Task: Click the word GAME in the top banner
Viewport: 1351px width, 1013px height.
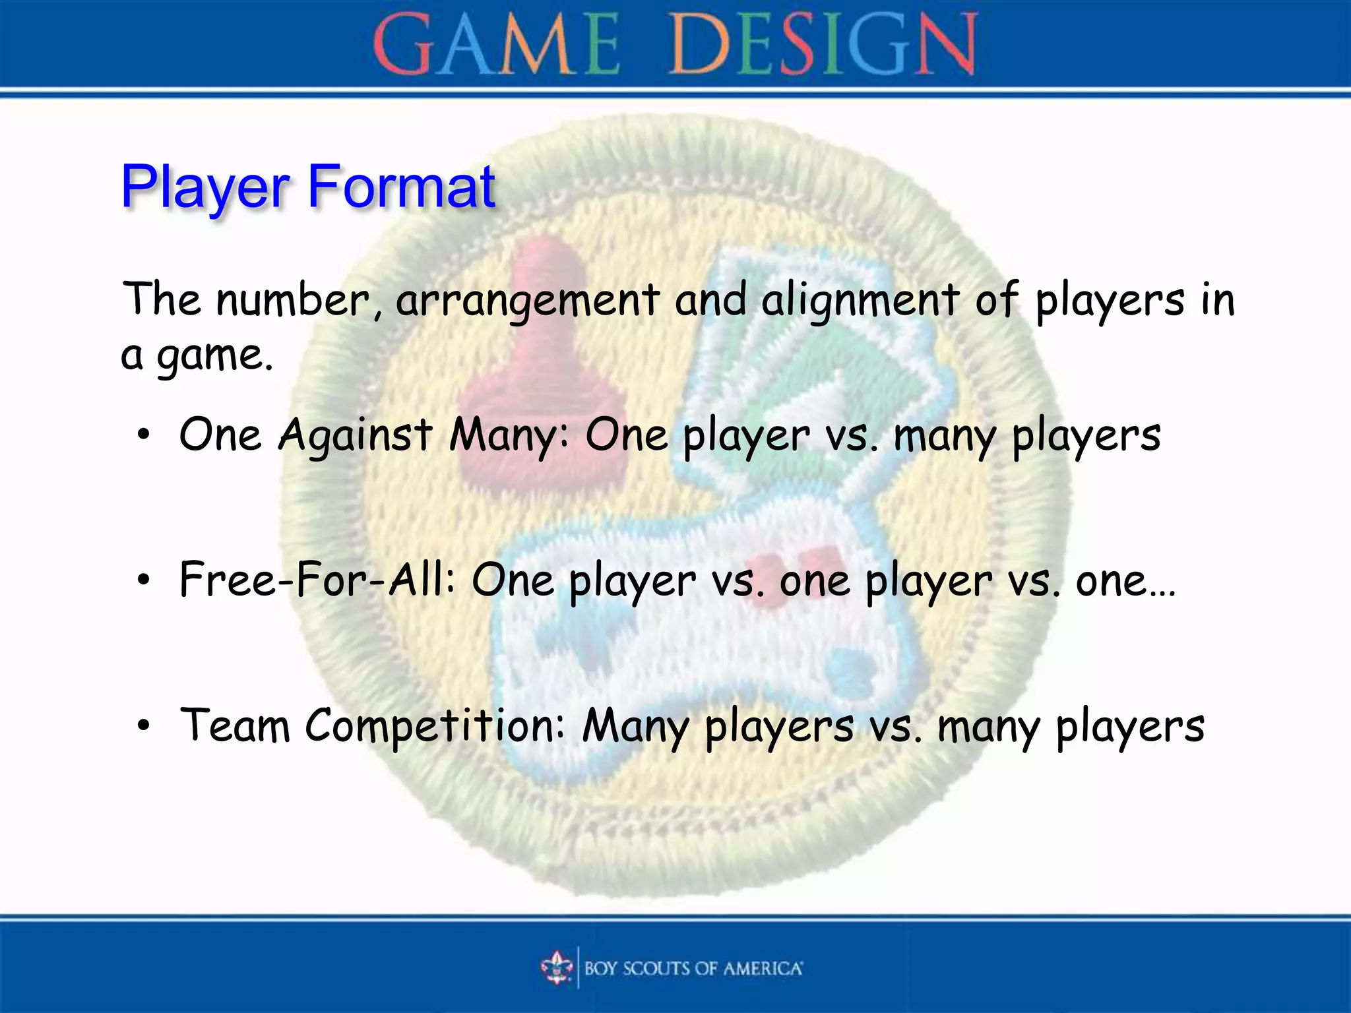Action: (496, 45)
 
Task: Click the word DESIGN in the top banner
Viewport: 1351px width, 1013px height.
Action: (823, 45)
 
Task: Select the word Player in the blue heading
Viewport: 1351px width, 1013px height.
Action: (205, 187)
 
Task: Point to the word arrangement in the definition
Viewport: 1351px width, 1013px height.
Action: (528, 300)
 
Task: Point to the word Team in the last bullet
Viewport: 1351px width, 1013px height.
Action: (235, 725)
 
